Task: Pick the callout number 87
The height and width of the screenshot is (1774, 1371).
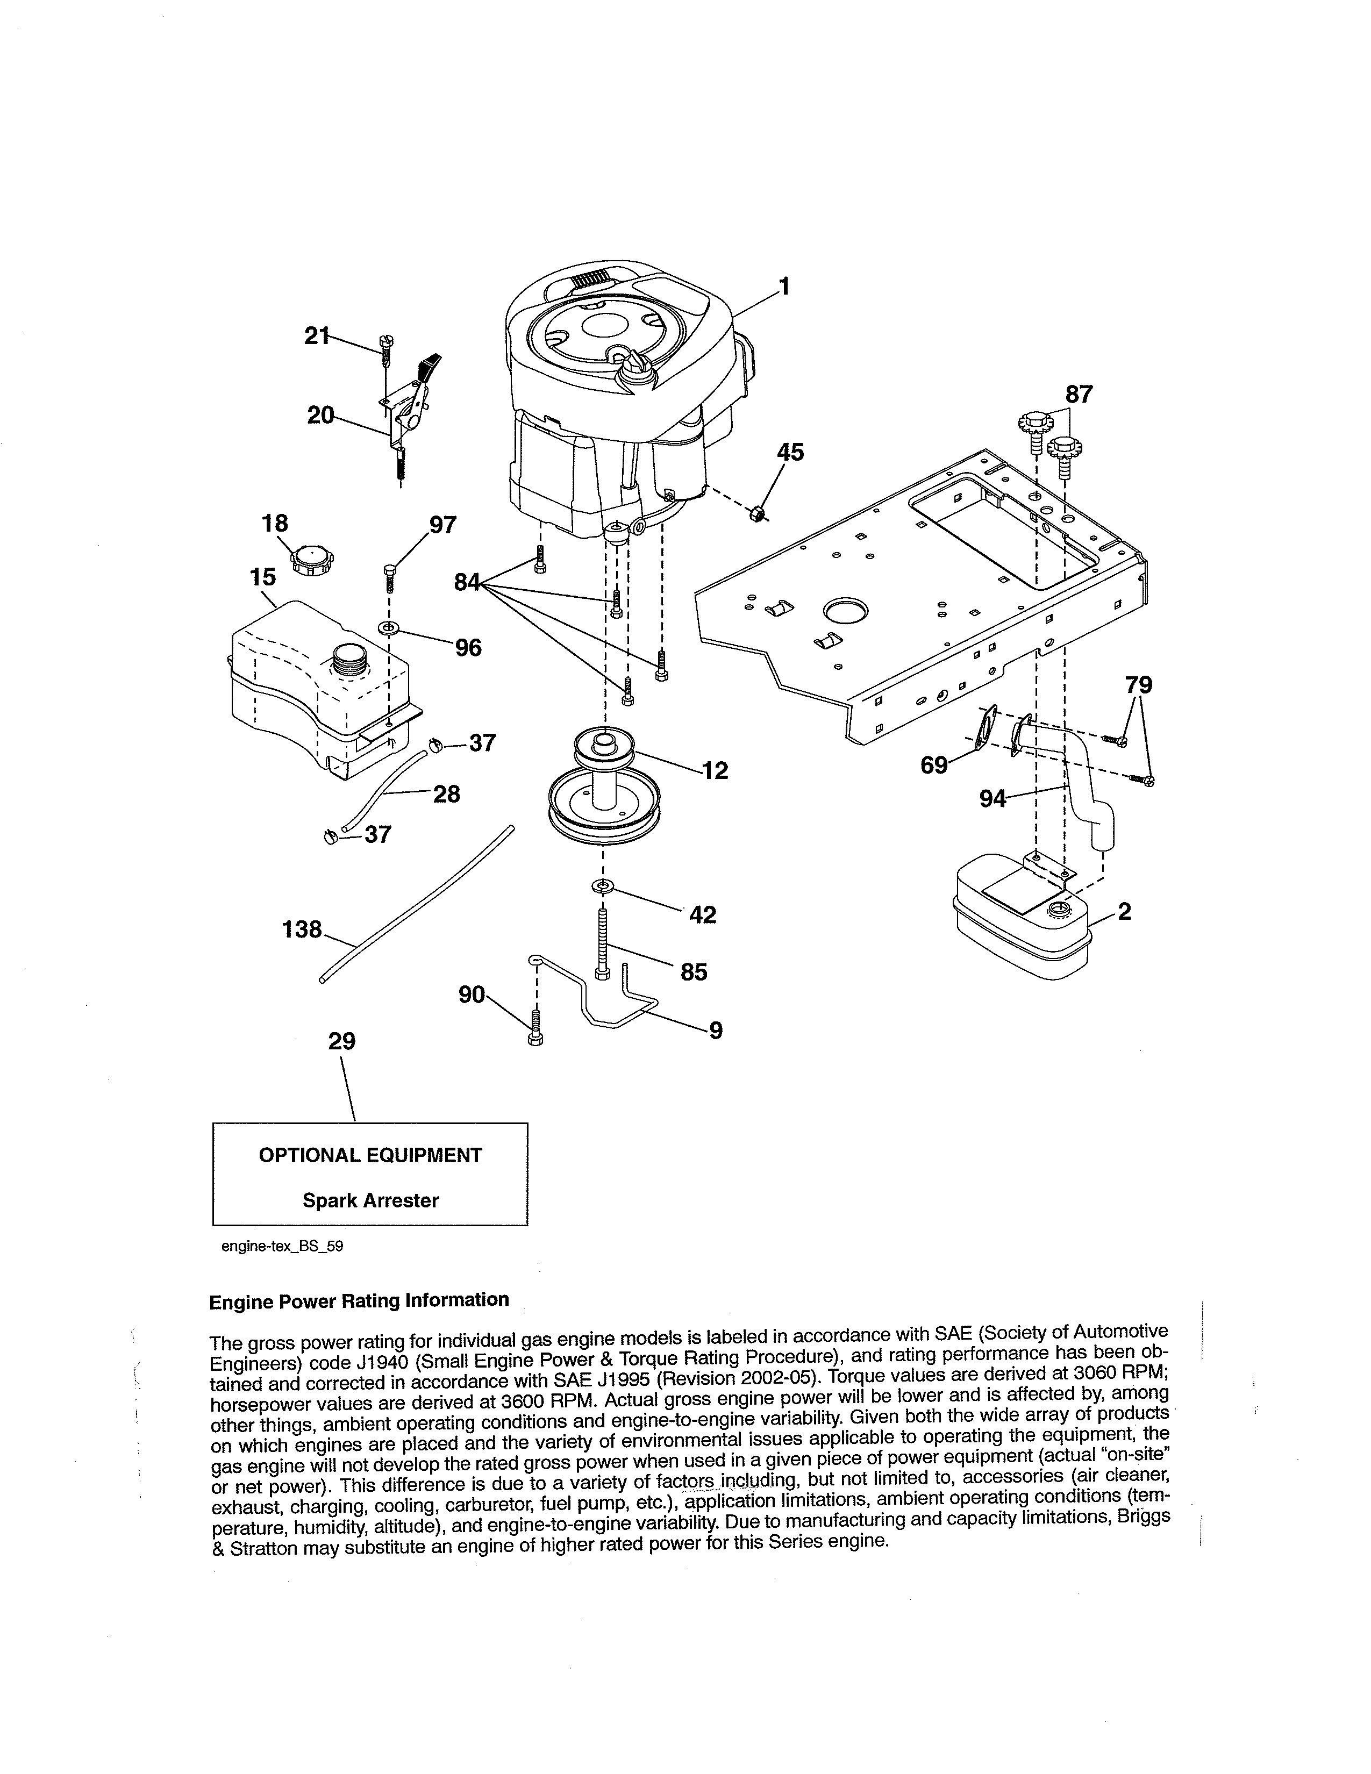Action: [x=1079, y=395]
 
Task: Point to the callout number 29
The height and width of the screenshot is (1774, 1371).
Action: [x=342, y=1041]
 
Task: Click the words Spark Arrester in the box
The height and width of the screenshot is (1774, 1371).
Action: [x=370, y=1200]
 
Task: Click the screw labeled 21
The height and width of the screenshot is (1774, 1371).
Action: [x=385, y=348]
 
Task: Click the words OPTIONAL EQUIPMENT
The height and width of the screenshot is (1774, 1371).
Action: [x=370, y=1155]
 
